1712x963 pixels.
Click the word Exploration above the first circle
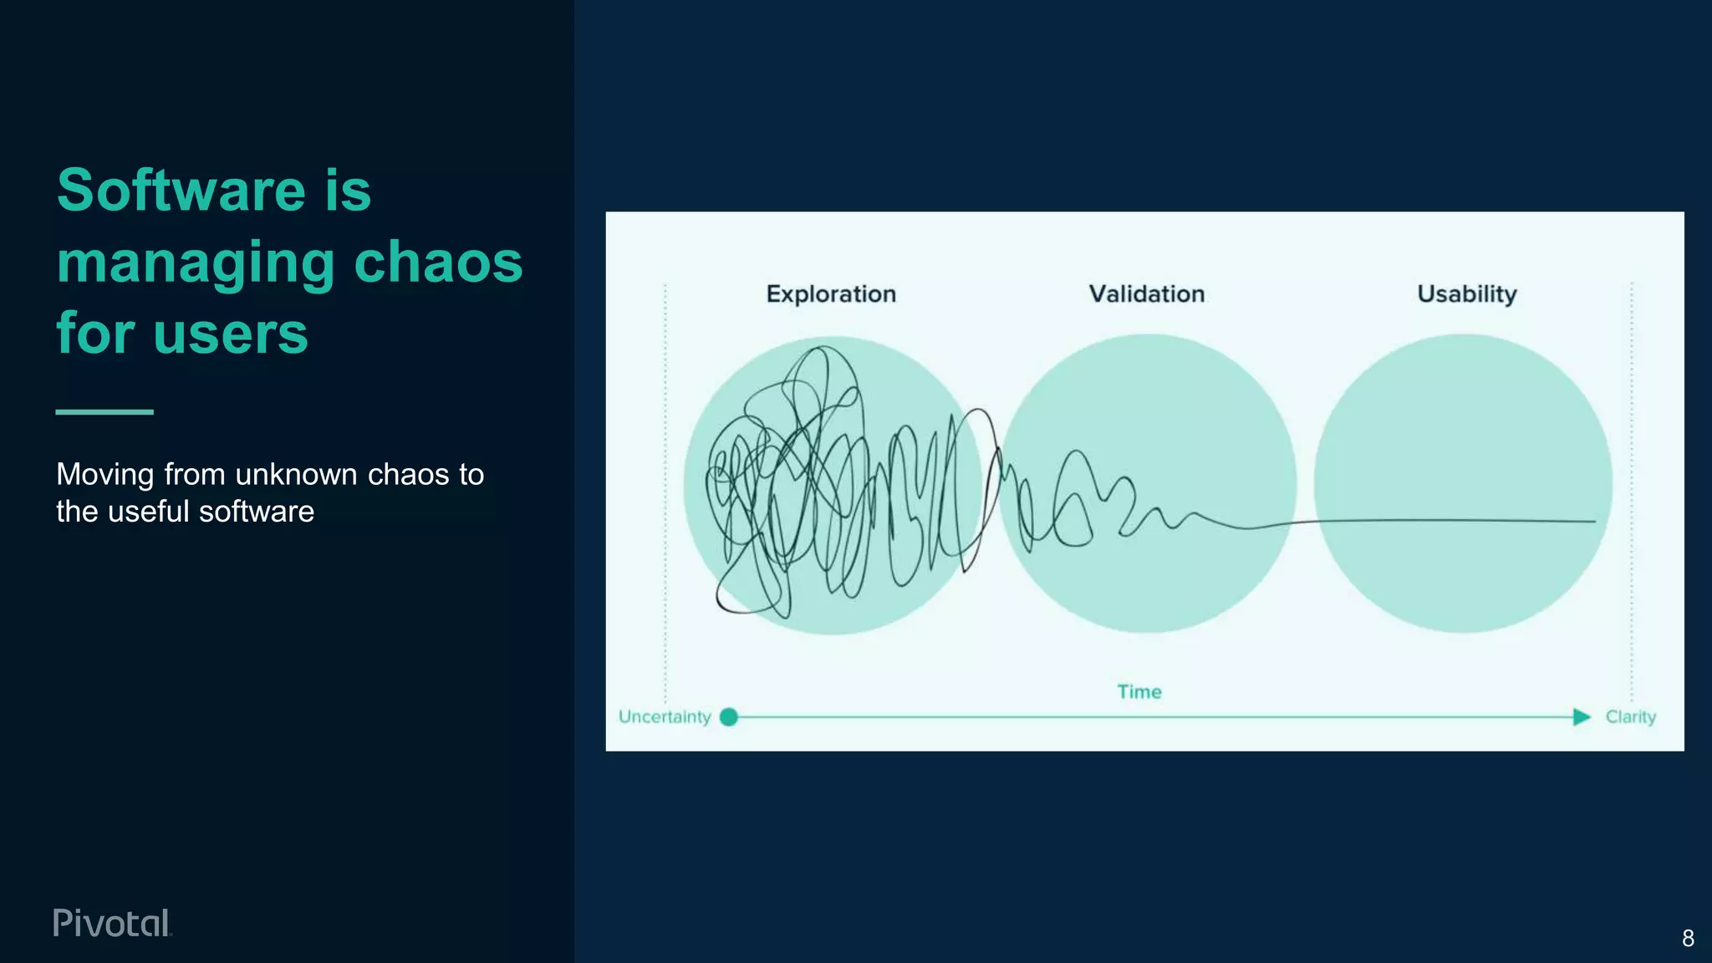pyautogui.click(x=831, y=294)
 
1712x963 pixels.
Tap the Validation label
pyautogui.click(x=1146, y=294)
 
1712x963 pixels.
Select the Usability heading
pyautogui.click(x=1466, y=294)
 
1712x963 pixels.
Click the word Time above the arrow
pyautogui.click(x=1139, y=692)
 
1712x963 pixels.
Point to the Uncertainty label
pyautogui.click(x=664, y=717)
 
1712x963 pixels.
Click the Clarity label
pyautogui.click(x=1630, y=717)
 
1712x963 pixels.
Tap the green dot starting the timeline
pyautogui.click(x=729, y=717)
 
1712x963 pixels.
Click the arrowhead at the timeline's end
pyautogui.click(x=1581, y=717)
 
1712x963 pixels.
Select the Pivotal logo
pyautogui.click(x=112, y=923)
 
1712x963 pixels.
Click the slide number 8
pyautogui.click(x=1688, y=939)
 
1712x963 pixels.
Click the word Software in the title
pyautogui.click(x=181, y=191)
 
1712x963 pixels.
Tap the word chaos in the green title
pyautogui.click(x=438, y=262)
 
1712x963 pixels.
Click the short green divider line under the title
pyautogui.click(x=104, y=411)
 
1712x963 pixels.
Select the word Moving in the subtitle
pyautogui.click(x=105, y=475)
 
